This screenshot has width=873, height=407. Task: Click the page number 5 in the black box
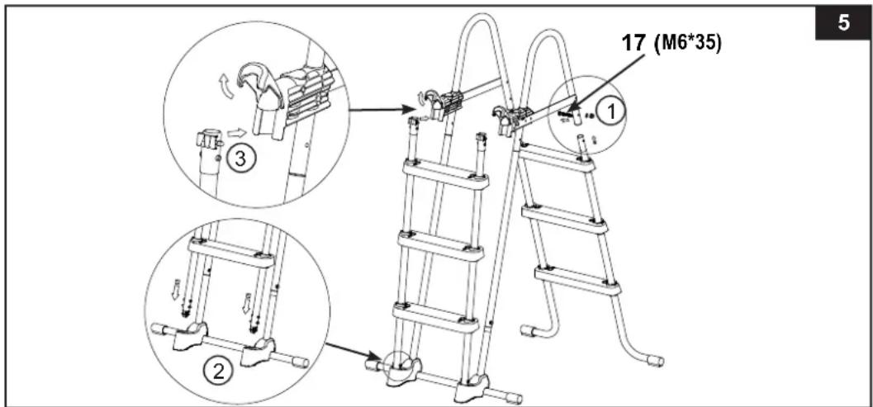coord(844,24)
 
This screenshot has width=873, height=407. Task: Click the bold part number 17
coord(633,44)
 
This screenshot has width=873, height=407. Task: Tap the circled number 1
coord(611,112)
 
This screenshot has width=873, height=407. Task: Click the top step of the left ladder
coord(446,174)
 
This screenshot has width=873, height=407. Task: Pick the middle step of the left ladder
coord(441,245)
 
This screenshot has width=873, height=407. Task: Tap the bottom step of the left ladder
coord(436,317)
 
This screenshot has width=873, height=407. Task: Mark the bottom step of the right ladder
coord(577,281)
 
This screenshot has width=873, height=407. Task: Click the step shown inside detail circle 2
coord(231,253)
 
